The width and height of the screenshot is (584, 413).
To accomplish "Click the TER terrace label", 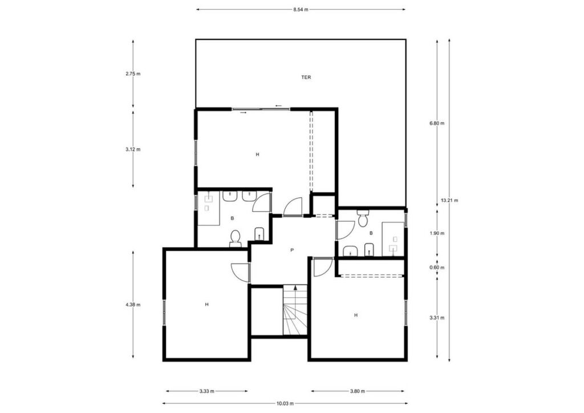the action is tap(306, 78).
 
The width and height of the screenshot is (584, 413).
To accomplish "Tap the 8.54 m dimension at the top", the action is tap(301, 10).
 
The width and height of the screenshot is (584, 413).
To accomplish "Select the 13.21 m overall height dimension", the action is tap(449, 200).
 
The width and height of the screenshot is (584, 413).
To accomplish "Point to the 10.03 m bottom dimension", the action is tap(285, 403).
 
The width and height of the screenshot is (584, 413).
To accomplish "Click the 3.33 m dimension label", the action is tap(206, 391).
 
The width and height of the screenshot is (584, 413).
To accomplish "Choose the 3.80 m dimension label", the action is tap(357, 391).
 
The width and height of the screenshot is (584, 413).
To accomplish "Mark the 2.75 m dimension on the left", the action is tap(133, 74).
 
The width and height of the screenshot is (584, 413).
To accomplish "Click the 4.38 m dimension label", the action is tap(133, 305).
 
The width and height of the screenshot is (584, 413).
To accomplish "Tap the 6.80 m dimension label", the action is tap(437, 123).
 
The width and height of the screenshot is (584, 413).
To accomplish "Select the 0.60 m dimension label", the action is tap(437, 268).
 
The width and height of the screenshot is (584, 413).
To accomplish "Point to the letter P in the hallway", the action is tap(292, 250).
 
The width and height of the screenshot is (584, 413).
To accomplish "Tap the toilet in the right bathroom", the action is tap(362, 218).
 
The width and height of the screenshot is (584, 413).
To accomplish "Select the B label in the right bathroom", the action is tap(371, 233).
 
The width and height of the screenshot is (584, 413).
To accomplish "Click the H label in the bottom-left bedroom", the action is tap(206, 305).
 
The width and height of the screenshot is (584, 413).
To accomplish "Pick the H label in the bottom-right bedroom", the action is tap(356, 315).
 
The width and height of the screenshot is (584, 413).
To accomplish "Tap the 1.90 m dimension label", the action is tap(437, 233).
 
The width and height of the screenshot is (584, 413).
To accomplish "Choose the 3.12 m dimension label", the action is tap(133, 149).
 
